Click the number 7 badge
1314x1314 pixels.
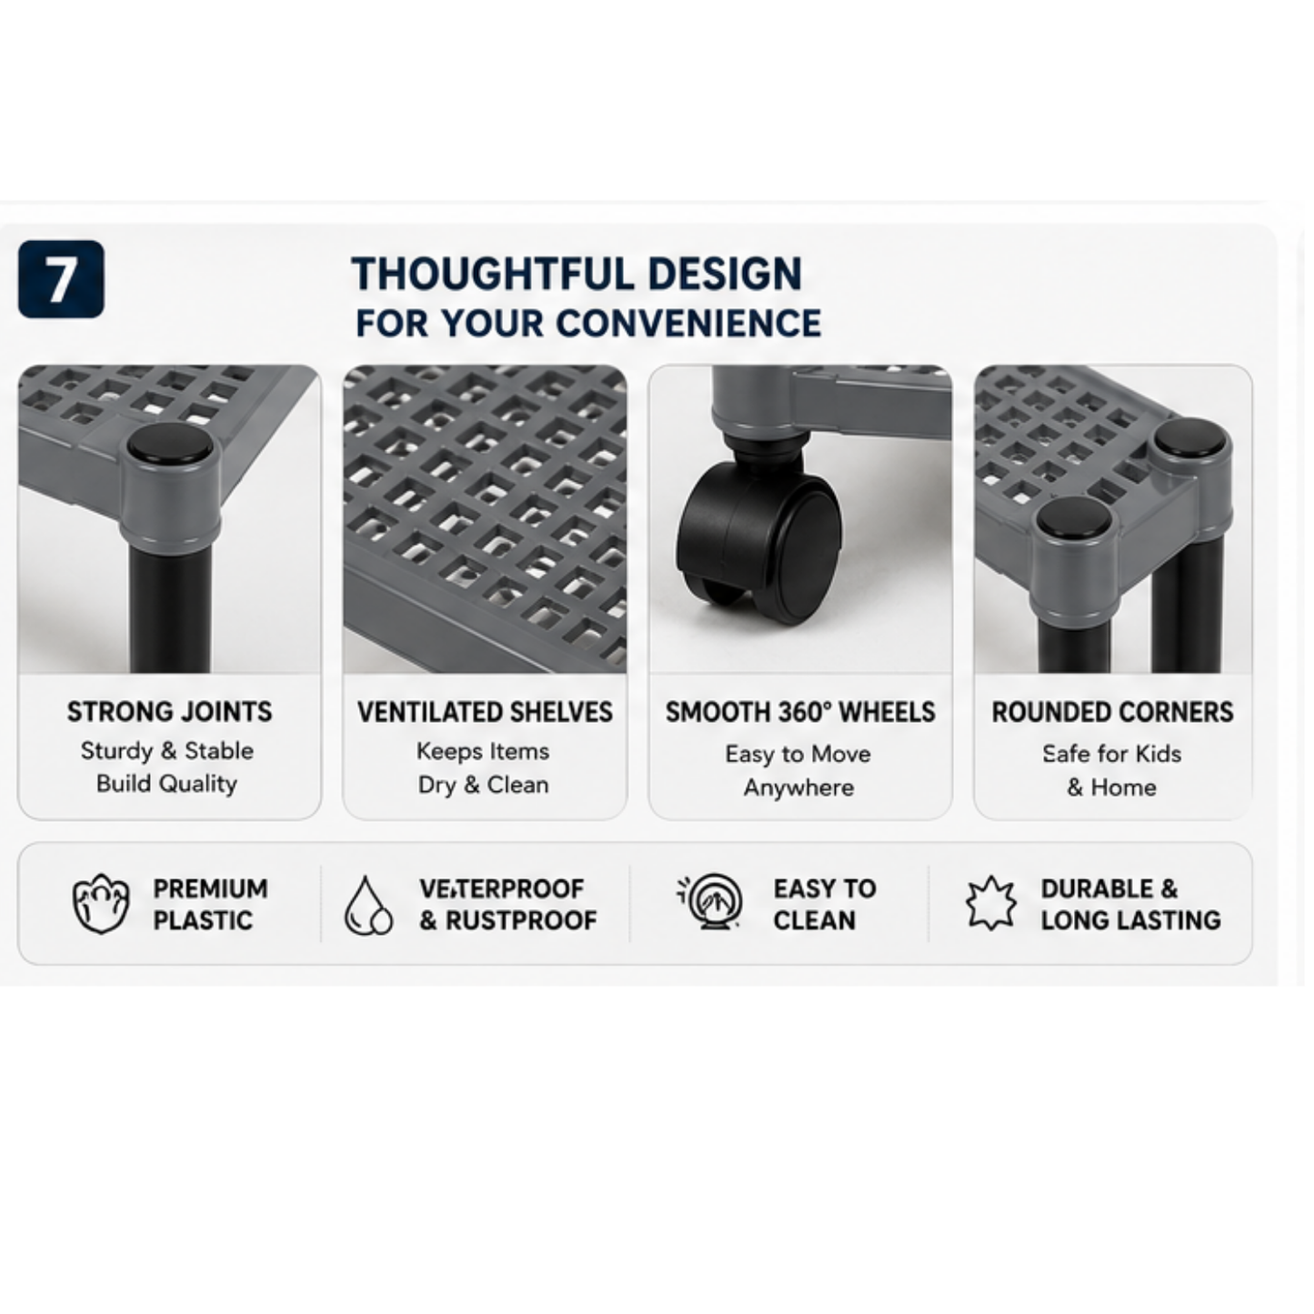click(x=61, y=279)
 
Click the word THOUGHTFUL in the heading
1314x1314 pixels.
click(x=492, y=274)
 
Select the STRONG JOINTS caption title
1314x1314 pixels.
click(x=170, y=712)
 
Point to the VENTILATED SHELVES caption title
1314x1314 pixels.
click(x=485, y=713)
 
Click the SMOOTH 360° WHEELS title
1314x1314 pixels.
click(x=800, y=713)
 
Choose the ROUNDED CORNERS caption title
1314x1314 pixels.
click(x=1113, y=713)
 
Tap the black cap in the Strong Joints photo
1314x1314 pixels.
click(x=170, y=444)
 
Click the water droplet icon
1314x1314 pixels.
click(x=368, y=905)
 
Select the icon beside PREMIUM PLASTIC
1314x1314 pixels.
click(x=101, y=904)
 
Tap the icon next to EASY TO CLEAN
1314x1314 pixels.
click(x=713, y=901)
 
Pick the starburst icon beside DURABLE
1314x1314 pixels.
click(x=991, y=903)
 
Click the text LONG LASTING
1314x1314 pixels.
click(x=1131, y=921)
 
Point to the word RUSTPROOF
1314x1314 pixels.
click(x=522, y=921)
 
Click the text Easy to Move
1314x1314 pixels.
click(x=798, y=755)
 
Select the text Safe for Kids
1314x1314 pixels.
click(x=1112, y=754)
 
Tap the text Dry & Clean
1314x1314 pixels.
click(x=484, y=786)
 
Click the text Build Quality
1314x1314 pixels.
click(x=167, y=785)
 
